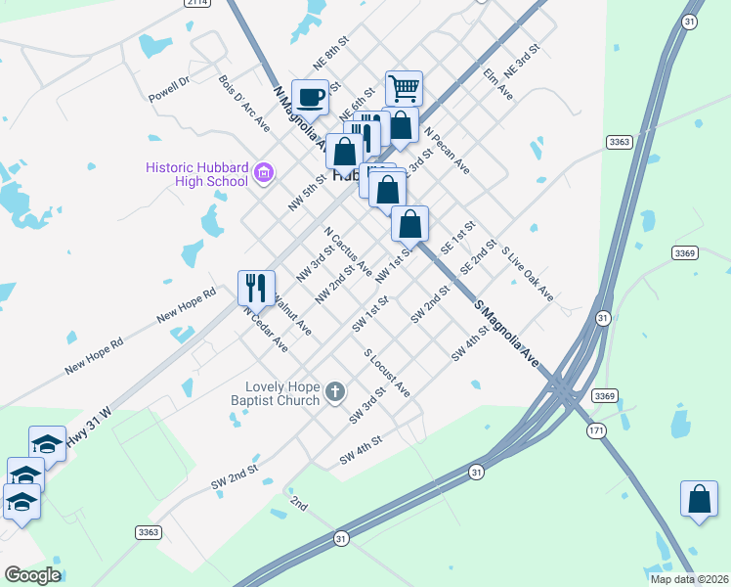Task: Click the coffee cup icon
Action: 311,98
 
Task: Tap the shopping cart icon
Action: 404,88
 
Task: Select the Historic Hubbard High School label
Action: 196,173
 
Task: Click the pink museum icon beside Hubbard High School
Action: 263,174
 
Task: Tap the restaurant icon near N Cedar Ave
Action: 256,288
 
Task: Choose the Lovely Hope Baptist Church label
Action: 283,392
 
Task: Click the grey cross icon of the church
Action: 335,393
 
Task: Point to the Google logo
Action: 32,575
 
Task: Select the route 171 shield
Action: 595,430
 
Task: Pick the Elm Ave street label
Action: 498,83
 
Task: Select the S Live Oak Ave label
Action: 528,273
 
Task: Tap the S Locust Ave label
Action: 387,373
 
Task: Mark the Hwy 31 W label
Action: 89,429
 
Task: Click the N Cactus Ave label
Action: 348,251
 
